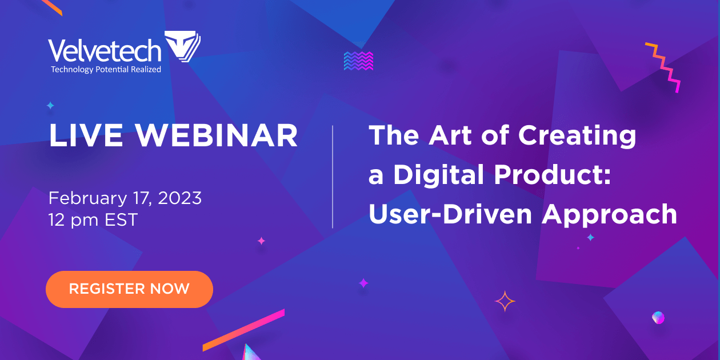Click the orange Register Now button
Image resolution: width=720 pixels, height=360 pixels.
(129, 289)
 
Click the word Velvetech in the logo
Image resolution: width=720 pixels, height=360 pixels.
(105, 51)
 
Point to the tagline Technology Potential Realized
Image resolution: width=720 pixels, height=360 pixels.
(106, 70)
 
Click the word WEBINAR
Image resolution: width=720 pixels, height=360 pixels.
(217, 136)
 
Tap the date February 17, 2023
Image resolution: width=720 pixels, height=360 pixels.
(125, 198)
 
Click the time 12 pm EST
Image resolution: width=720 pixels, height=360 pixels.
(93, 220)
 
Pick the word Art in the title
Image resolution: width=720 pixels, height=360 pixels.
(445, 136)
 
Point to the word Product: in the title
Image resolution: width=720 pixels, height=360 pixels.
(554, 175)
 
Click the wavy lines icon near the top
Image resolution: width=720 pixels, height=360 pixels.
(359, 61)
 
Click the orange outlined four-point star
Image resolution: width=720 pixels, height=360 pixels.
(505, 301)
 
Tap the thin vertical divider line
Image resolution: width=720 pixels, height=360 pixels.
(333, 177)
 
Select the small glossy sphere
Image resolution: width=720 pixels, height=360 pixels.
(658, 317)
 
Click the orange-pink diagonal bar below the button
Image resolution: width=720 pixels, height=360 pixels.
(243, 330)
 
